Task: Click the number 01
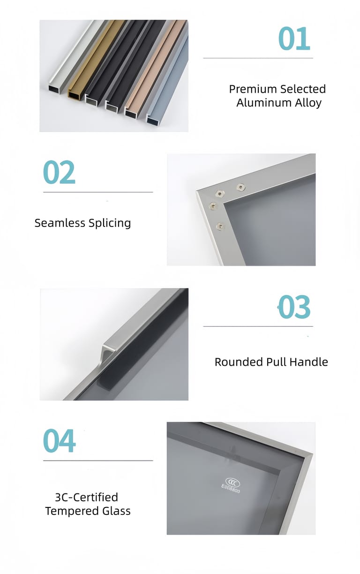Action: tap(294, 38)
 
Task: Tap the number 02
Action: tap(59, 172)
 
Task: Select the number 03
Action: tap(294, 307)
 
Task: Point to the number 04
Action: tap(59, 441)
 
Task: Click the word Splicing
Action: tap(110, 223)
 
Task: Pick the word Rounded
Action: tap(239, 362)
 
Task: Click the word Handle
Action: tap(309, 362)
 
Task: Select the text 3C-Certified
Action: tap(86, 498)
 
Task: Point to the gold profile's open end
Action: tap(74, 95)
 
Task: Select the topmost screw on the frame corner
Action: tap(240, 187)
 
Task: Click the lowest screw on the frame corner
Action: tap(219, 226)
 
